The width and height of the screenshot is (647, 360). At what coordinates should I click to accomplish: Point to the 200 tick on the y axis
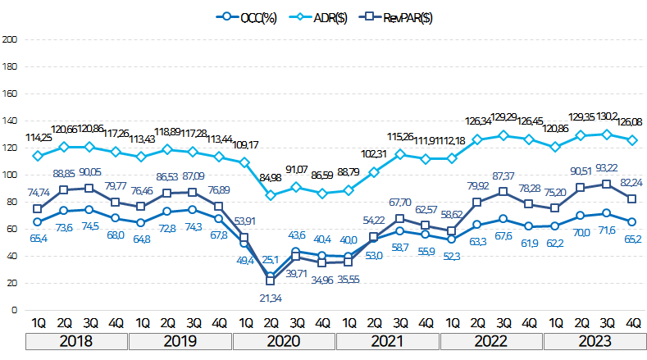[11, 39]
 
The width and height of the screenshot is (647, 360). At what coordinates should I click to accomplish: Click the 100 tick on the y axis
[11, 175]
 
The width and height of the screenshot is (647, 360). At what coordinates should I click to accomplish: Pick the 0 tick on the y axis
[15, 310]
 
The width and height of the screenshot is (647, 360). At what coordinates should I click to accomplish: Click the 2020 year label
[284, 339]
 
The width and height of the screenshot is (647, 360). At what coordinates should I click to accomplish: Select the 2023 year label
[595, 339]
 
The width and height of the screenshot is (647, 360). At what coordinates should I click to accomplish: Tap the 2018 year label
[76, 339]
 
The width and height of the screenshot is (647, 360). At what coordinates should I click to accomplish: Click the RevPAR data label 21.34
[271, 297]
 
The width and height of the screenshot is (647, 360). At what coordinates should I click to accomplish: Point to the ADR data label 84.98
[271, 177]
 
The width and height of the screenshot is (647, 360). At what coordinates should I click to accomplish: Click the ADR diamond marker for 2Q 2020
[271, 195]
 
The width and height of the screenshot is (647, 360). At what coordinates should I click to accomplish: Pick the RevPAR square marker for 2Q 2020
[271, 281]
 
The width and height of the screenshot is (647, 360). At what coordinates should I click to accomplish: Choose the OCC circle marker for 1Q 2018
[37, 221]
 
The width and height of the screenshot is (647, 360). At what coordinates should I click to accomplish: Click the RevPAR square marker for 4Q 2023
[634, 198]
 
